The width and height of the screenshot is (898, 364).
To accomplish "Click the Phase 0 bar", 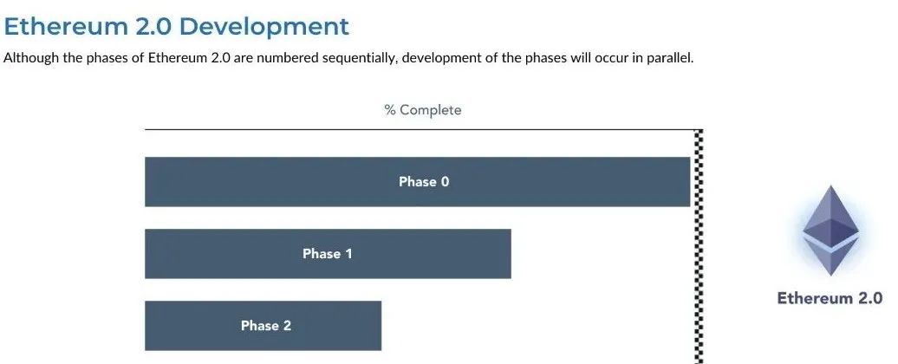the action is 418,181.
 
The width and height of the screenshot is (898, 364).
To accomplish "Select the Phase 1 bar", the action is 328,254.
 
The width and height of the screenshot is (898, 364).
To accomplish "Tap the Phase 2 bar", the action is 263,326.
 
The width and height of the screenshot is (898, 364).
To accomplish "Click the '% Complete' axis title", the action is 423,110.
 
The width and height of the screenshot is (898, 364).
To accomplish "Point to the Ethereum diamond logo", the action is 830,230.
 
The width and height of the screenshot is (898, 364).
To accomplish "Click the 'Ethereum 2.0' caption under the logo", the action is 830,298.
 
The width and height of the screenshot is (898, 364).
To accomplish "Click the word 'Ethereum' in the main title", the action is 66,26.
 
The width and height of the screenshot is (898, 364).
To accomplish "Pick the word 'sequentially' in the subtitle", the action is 359,58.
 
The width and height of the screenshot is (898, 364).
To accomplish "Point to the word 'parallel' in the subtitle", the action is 669,58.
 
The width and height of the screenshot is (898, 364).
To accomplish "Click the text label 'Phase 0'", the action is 424,181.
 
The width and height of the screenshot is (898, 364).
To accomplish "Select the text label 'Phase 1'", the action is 328,254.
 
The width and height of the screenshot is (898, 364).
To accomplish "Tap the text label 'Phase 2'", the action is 266,326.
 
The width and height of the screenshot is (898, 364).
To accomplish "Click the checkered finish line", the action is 698,247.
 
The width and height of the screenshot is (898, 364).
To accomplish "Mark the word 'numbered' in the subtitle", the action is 284,58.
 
